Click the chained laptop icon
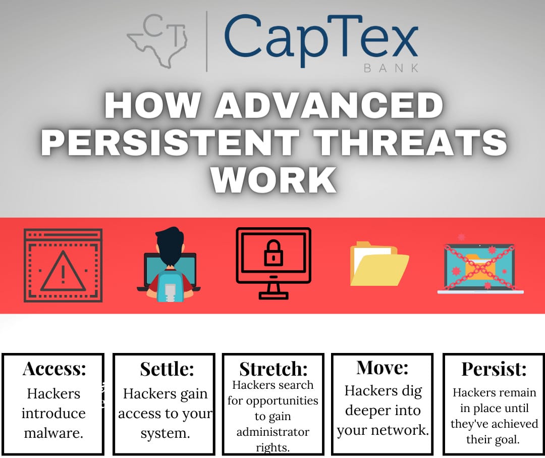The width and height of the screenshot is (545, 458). (479, 267)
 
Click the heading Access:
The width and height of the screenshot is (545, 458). (54, 369)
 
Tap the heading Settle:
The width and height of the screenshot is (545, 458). (167, 369)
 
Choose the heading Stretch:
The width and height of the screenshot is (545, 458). (273, 369)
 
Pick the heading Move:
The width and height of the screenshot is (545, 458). (382, 367)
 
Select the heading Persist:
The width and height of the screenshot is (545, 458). (494, 369)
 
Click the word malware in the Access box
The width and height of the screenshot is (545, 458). (52, 433)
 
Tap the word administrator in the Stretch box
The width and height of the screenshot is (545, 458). (272, 432)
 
